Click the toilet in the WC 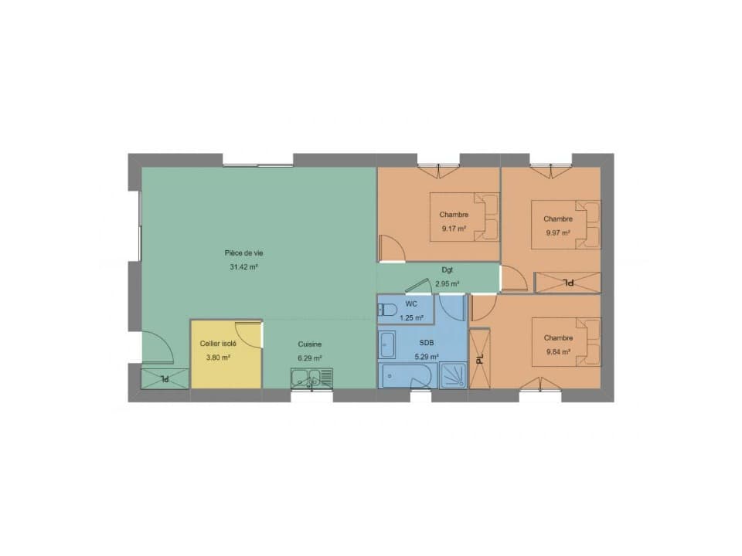(x=387, y=310)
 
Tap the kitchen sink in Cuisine (x=311, y=378)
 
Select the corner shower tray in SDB (x=454, y=376)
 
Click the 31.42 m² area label (x=243, y=267)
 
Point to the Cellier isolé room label (x=218, y=344)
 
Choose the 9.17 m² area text (x=454, y=229)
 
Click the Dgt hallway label (x=448, y=270)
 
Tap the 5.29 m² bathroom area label (x=427, y=357)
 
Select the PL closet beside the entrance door (x=165, y=378)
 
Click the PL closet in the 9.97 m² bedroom (x=568, y=283)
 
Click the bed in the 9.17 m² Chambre (x=465, y=217)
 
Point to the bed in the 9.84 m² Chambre (x=567, y=342)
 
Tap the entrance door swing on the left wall (x=158, y=347)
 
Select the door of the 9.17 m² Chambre (x=392, y=248)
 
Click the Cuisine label (x=310, y=344)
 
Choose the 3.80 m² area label (x=218, y=358)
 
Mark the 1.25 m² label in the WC (x=411, y=317)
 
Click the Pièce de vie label (x=243, y=253)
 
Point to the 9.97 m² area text (x=558, y=232)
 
